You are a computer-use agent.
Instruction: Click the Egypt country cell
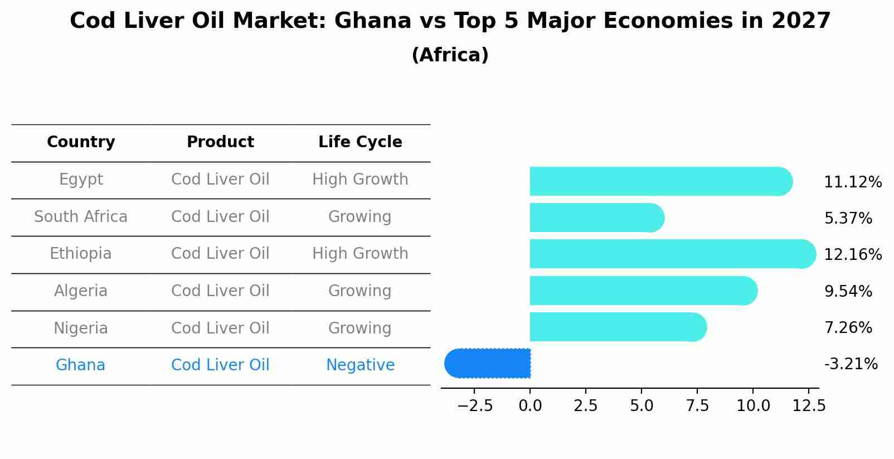(81, 180)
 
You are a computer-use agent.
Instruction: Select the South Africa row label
(81, 217)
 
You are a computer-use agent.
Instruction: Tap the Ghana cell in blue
(80, 365)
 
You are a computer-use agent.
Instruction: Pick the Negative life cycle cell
(360, 365)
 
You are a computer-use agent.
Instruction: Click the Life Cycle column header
(360, 142)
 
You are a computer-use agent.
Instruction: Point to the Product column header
(220, 142)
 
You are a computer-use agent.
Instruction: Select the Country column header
(81, 142)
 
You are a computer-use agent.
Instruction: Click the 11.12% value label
(852, 182)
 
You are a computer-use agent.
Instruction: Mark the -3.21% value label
(851, 364)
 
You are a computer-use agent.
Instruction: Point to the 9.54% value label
(848, 292)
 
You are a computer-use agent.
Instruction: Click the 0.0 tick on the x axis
(530, 406)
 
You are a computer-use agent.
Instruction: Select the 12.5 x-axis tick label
(809, 406)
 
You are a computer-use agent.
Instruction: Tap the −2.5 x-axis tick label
(475, 406)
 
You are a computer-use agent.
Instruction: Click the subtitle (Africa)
(450, 55)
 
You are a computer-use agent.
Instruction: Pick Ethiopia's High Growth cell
(360, 254)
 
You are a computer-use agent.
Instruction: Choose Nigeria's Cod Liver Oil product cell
(220, 328)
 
